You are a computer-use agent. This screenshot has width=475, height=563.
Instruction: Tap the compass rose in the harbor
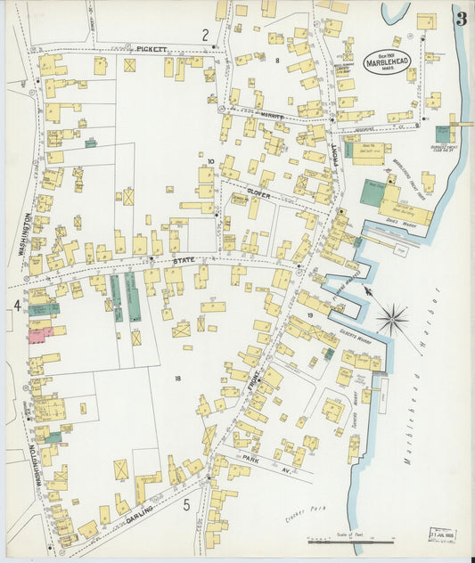point(392,317)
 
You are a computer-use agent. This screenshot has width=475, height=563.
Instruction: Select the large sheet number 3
point(461,20)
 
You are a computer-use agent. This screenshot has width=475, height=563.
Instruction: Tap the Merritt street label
point(273,116)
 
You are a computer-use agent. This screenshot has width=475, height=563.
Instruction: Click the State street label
point(184,260)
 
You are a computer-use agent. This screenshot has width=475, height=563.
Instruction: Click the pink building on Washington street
point(41,335)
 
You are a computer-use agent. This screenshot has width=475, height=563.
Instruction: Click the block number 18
point(178,379)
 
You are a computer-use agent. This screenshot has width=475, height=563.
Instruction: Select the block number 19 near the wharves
point(310,316)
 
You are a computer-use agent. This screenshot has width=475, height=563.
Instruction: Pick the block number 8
point(277,60)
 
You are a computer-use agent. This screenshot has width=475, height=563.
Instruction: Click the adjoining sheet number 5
point(187,506)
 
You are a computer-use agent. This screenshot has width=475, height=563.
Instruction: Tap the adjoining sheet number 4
point(16,306)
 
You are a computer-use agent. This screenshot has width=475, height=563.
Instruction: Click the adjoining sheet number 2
point(205,35)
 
